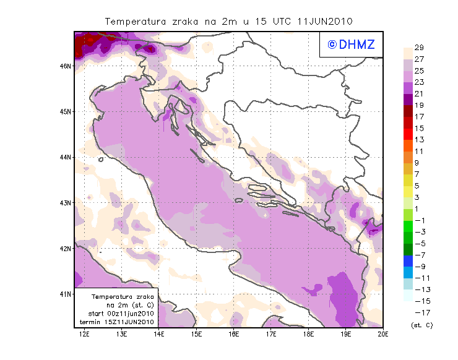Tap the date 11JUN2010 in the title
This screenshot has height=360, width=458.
(325, 21)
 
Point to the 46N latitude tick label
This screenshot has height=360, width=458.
(66, 66)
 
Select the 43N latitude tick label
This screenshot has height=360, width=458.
(66, 203)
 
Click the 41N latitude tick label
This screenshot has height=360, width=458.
(66, 294)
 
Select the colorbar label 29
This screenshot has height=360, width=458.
(418, 48)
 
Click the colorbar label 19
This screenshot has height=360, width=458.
(418, 105)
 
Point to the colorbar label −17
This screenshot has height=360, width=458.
(419, 312)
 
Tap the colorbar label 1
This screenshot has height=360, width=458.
(418, 208)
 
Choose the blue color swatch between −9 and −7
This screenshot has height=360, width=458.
(408, 260)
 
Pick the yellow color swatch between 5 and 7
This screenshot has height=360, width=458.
(408, 180)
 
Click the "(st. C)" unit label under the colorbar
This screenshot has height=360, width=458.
(421, 325)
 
